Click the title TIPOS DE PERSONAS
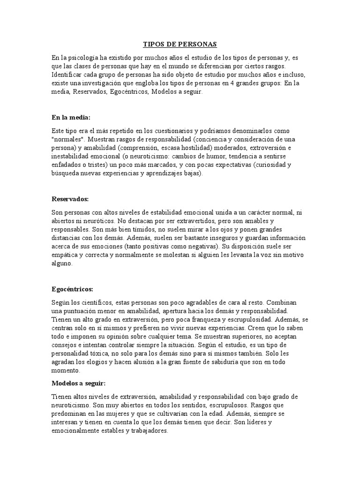coord(180,45)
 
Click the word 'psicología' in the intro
coord(84,57)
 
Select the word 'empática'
coord(67,255)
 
